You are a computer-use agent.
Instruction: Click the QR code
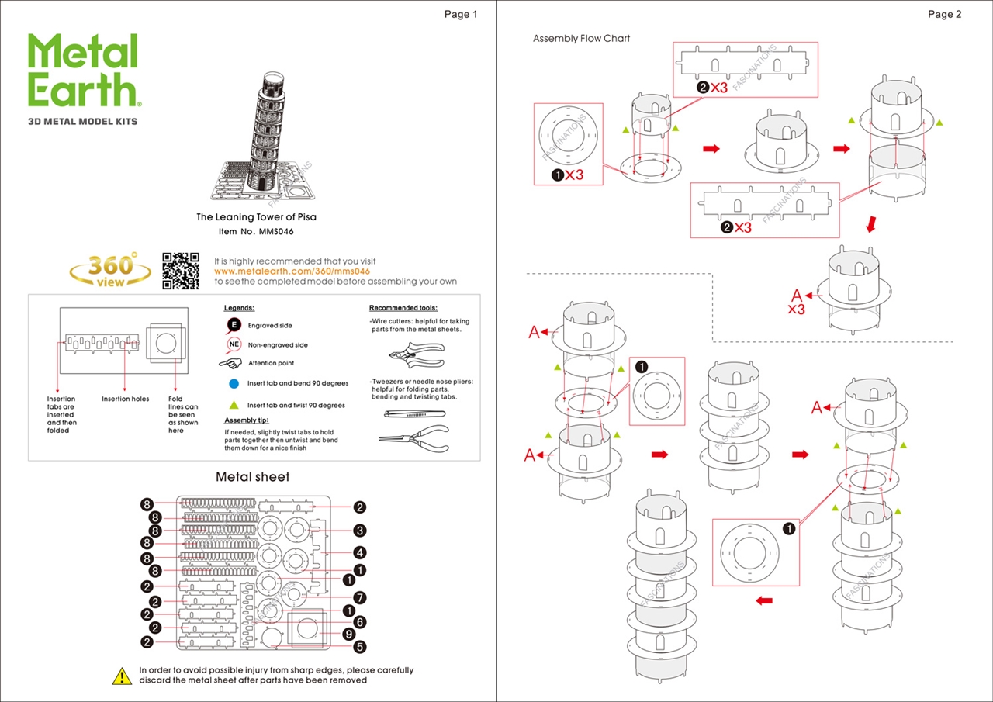181,271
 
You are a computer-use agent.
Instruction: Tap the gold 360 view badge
110,270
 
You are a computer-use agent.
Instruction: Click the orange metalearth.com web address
292,271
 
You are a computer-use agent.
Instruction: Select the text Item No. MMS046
256,232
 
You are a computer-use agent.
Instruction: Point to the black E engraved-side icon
234,326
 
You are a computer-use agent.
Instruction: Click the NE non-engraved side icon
234,344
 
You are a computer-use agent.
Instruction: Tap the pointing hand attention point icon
231,363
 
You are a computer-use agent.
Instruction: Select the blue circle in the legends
234,383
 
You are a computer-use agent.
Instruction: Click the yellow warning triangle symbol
122,676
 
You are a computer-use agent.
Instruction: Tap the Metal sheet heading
253,477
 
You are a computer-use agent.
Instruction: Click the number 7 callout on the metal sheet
359,597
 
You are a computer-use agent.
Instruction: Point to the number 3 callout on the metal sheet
359,531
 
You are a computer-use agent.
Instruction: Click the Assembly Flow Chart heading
581,39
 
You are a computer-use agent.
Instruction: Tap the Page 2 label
944,14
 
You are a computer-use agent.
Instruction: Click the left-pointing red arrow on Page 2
763,600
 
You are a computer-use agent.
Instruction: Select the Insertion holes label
126,399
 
